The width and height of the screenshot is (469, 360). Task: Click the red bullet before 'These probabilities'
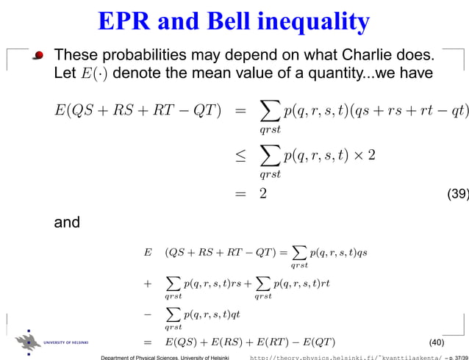click(38, 56)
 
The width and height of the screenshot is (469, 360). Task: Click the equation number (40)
click(436, 342)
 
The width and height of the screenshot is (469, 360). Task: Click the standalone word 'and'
click(67, 221)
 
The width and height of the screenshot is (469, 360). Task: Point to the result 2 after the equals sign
click(262, 195)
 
